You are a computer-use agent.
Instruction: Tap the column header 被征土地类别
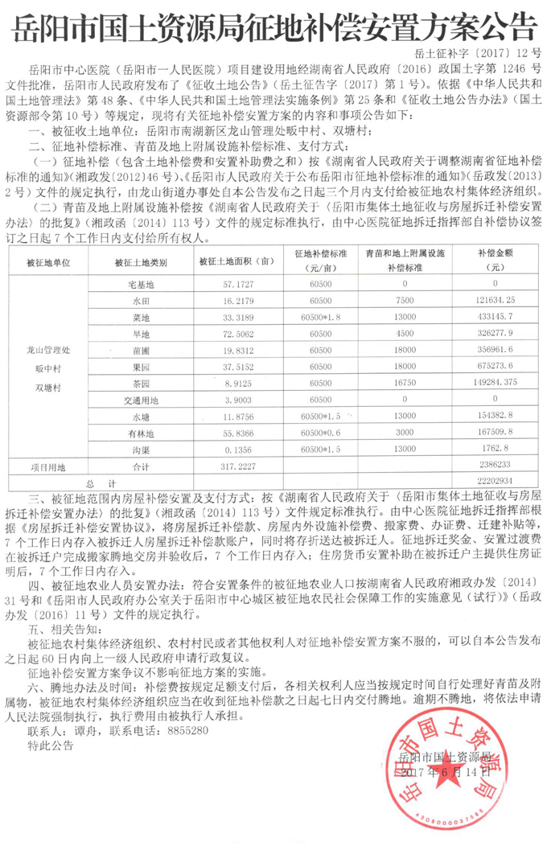click(x=141, y=262)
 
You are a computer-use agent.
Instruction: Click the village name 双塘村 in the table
click(x=49, y=386)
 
